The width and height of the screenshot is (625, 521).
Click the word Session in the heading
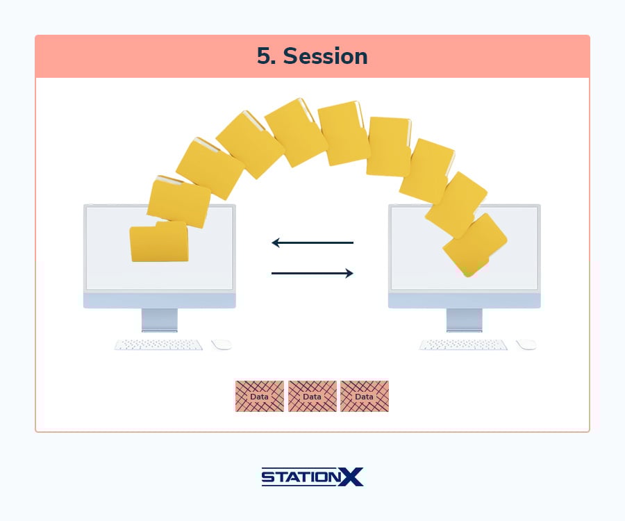coord(325,56)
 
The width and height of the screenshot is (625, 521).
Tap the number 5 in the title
coord(263,56)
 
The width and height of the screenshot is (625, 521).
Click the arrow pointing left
coord(312,242)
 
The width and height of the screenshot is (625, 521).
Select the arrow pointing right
coord(312,273)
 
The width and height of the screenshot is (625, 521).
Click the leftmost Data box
coord(260,396)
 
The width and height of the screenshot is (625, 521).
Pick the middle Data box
coord(312,396)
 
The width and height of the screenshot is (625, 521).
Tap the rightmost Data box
coord(365,396)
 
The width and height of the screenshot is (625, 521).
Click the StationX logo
coord(312,477)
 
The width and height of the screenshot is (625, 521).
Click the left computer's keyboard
coord(158,345)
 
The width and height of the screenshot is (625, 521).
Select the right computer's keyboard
coord(463,345)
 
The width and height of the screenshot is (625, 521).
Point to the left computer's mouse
coord(222,345)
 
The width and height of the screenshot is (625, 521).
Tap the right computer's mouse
coord(526,345)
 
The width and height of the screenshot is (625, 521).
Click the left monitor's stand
coord(160,320)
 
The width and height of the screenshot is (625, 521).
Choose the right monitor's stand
coord(465,320)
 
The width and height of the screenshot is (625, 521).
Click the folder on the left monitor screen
coord(159,242)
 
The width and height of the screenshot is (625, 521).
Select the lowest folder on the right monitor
coord(475,245)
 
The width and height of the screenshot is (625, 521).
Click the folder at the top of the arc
coord(296,133)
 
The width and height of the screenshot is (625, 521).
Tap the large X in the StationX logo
coord(351,477)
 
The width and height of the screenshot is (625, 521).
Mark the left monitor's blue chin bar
coord(160,301)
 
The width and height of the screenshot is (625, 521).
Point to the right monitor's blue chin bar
coord(465,301)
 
